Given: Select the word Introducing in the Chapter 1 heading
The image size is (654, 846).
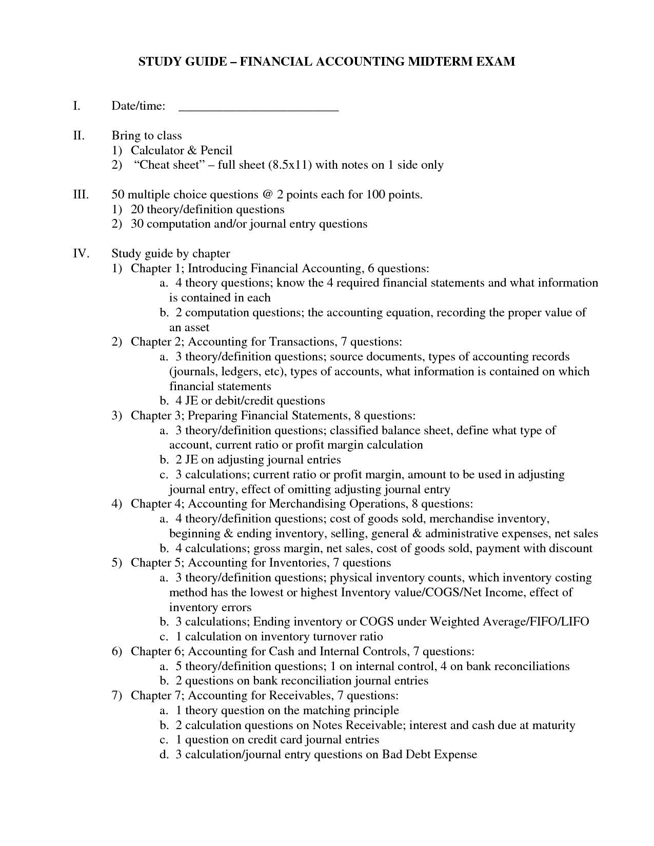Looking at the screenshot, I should [217, 269].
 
